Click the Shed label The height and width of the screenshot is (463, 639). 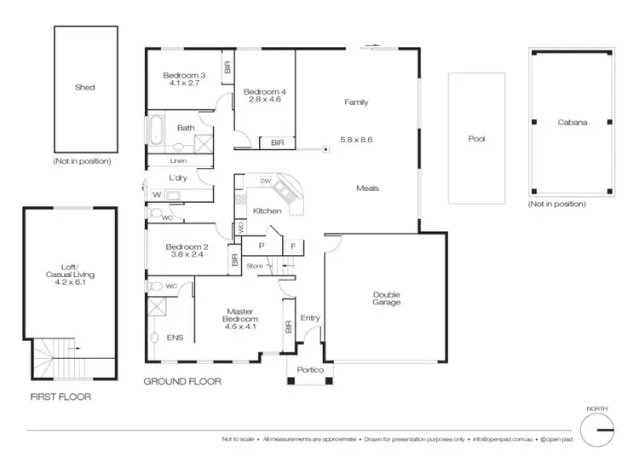click(84, 87)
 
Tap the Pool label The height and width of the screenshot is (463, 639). click(476, 138)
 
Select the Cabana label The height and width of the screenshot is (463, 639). click(573, 123)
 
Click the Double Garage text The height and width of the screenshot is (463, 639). click(386, 298)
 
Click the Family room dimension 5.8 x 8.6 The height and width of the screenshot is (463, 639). click(356, 139)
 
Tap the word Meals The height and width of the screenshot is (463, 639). click(368, 188)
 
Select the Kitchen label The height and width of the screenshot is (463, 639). click(267, 211)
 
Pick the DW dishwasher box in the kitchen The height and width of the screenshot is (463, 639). click(266, 181)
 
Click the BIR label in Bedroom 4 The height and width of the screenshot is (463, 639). click(277, 143)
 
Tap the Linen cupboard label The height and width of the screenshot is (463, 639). click(177, 160)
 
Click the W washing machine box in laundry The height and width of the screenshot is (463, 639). click(157, 195)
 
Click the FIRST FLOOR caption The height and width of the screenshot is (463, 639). click(60, 396)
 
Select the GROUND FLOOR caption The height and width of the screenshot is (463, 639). click(182, 382)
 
